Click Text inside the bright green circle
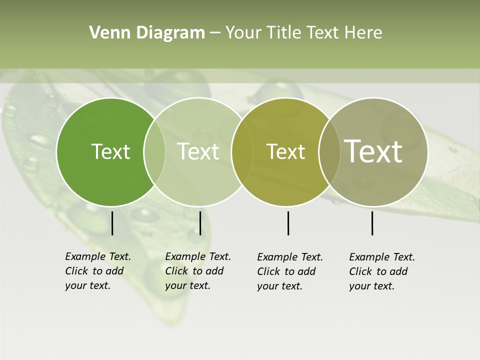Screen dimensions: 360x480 point(110,151)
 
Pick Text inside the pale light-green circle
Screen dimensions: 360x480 point(198,151)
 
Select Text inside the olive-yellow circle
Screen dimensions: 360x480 point(285,151)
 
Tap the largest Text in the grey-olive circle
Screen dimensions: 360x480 point(373,151)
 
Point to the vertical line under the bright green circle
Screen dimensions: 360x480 point(112,223)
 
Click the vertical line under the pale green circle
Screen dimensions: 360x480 point(200,223)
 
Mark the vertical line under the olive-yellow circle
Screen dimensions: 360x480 point(288,223)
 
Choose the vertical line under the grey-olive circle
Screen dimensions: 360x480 point(372,223)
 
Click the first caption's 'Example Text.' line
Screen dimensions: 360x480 point(98,256)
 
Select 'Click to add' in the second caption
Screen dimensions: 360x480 point(194,271)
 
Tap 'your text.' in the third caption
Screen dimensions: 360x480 point(280,286)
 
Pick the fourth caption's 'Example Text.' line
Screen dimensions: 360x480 point(382,257)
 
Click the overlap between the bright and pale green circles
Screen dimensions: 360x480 point(154,151)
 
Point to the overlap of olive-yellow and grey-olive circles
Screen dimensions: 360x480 point(327,151)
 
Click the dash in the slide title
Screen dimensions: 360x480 point(215,33)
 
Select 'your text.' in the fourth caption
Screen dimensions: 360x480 point(372,286)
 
